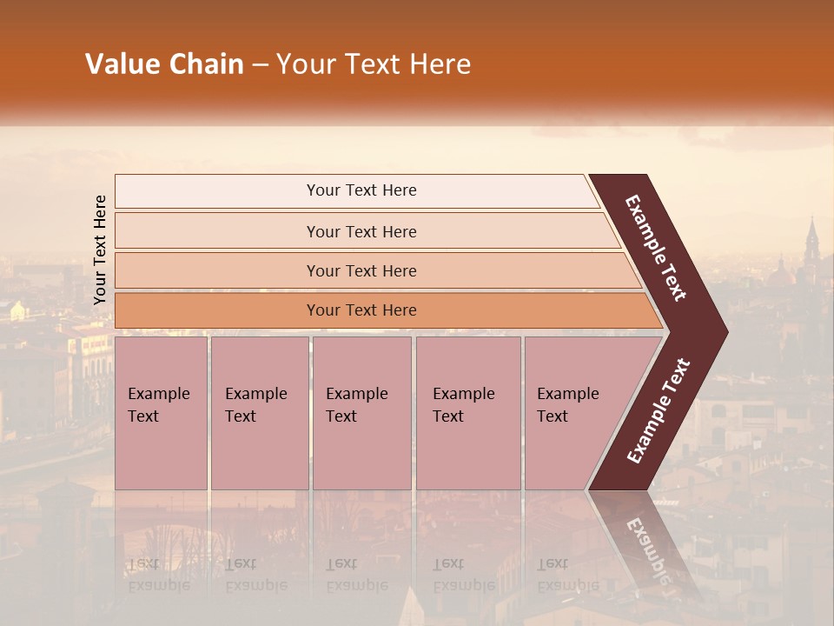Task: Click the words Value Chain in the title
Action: coord(164,64)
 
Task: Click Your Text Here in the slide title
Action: coord(374,64)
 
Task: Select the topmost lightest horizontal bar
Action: coord(361,190)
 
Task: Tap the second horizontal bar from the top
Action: coord(361,231)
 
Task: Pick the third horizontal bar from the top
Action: coord(361,270)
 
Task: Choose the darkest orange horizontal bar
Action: coord(361,310)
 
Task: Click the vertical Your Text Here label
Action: coord(100,250)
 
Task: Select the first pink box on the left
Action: coord(161,413)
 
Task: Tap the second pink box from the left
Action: coord(259,413)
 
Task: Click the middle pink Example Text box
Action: coord(361,413)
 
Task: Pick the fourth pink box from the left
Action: coord(467,413)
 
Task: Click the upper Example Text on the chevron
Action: coord(656,248)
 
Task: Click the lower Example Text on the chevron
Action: coord(658,411)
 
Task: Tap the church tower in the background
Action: coord(811,243)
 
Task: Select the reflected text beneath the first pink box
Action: coord(158,575)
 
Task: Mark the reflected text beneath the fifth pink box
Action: coord(567,575)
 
